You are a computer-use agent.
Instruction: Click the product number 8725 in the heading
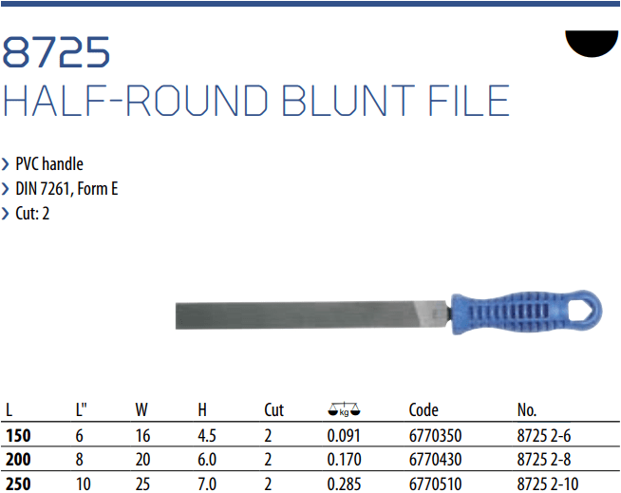(56, 52)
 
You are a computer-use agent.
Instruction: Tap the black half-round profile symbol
(592, 41)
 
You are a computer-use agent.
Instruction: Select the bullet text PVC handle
(49, 163)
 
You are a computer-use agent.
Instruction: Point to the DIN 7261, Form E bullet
(66, 189)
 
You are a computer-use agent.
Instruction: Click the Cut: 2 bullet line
(32, 213)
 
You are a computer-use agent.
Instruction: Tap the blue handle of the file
(527, 312)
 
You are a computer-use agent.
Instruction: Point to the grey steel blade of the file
(313, 315)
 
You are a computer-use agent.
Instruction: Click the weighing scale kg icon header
(344, 409)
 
